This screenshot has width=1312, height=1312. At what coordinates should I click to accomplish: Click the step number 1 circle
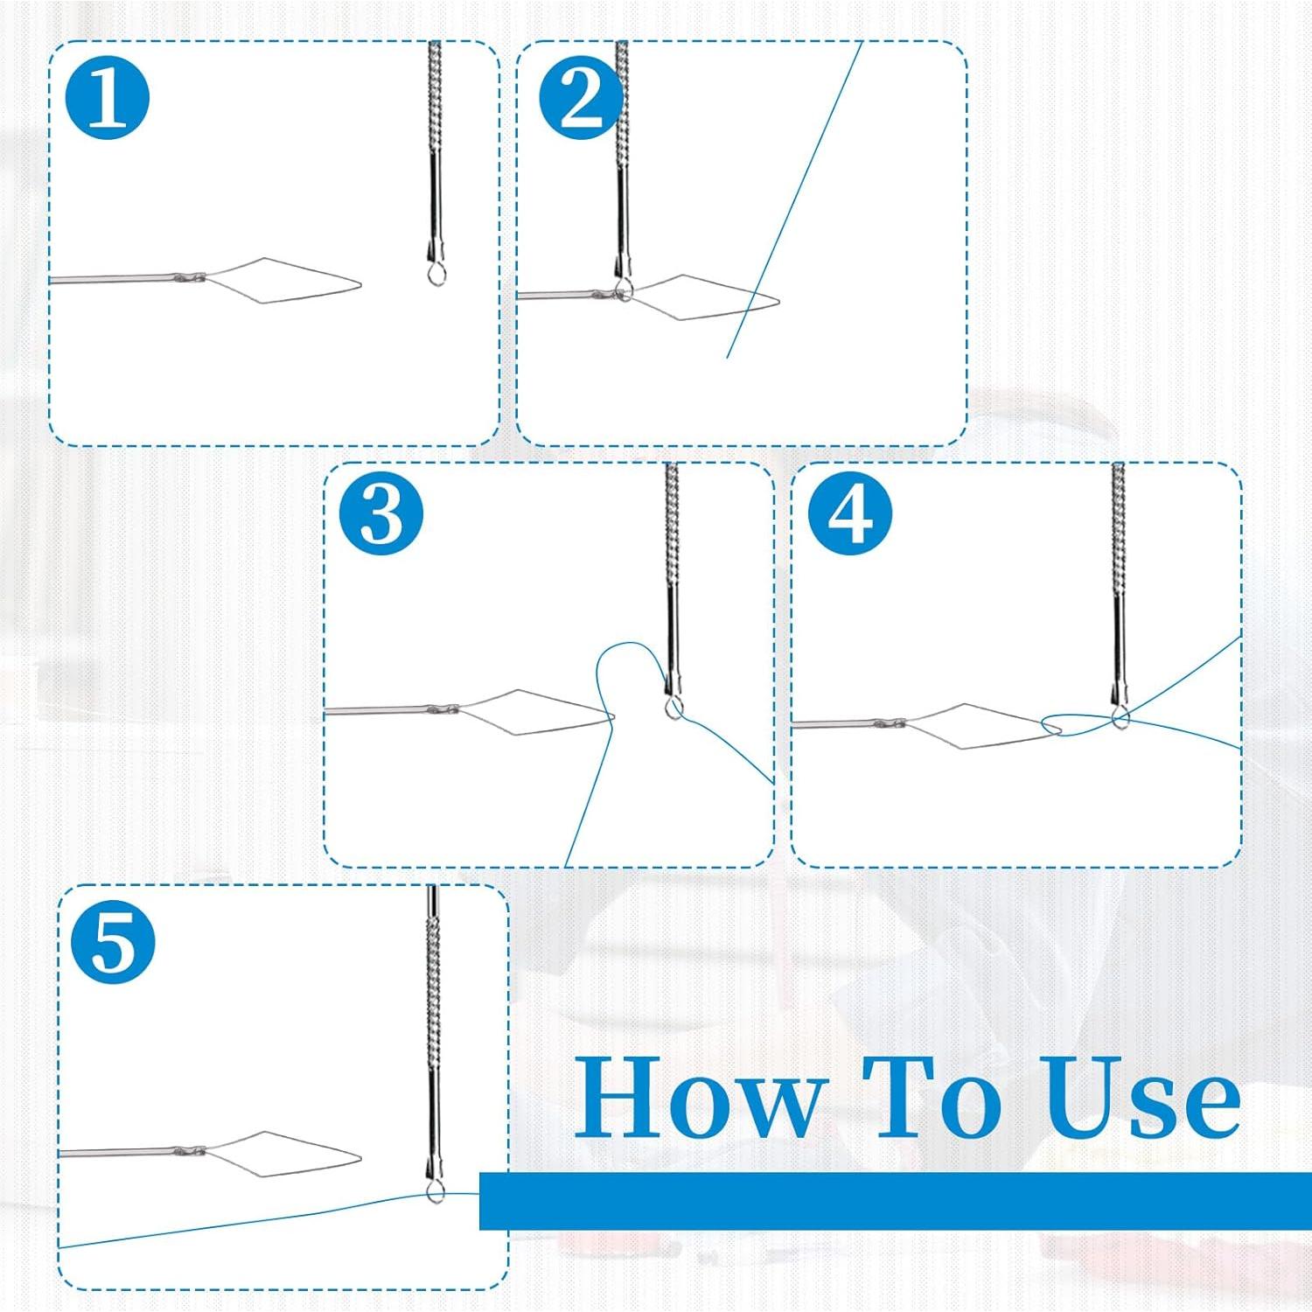point(108,98)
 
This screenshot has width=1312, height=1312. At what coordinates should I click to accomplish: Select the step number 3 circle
point(381,513)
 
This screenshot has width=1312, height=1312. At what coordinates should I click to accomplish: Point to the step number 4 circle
point(849,513)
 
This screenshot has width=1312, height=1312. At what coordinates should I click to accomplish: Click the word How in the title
point(700,1098)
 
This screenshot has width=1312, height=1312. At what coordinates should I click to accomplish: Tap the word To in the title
point(932,1098)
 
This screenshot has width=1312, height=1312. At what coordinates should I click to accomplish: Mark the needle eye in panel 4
point(1120,720)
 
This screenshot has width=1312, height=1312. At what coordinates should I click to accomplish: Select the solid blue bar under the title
point(892,1201)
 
